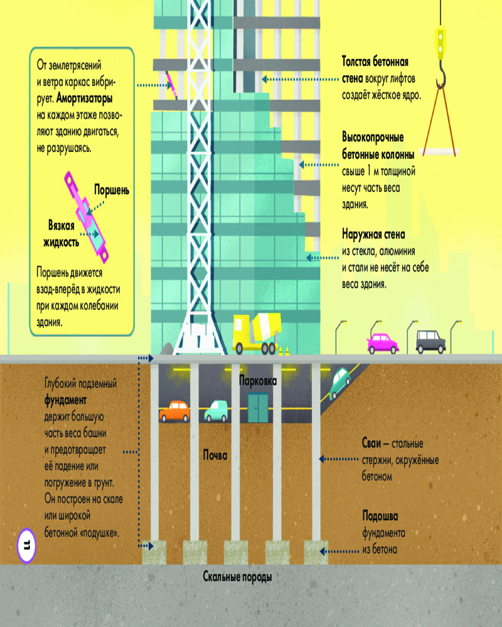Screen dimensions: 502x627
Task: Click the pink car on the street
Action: click(x=383, y=344)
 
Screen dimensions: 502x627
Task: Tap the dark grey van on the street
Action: click(x=430, y=342)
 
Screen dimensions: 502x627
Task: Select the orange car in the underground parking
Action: click(x=174, y=411)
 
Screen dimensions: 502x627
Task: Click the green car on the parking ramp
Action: click(x=339, y=382)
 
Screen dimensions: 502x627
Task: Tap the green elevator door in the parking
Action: click(x=258, y=408)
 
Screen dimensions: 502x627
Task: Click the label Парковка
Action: click(x=258, y=381)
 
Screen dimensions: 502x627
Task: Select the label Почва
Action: click(x=215, y=455)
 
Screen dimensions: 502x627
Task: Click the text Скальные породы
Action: click(x=237, y=577)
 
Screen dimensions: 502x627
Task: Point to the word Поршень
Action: click(x=112, y=190)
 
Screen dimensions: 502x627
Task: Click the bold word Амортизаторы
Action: click(x=85, y=98)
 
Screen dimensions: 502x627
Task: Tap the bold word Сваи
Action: click(x=371, y=443)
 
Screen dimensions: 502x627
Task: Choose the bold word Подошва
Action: click(x=380, y=516)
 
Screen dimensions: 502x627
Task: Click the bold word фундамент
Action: click(x=65, y=400)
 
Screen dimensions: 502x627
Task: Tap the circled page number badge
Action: click(x=27, y=545)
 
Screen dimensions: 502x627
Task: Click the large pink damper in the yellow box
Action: click(x=87, y=217)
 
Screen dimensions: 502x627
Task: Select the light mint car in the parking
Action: click(x=216, y=411)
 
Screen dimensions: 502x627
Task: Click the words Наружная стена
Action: click(x=373, y=234)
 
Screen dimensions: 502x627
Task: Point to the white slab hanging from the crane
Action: click(x=439, y=152)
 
